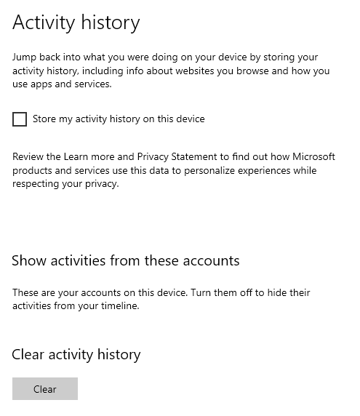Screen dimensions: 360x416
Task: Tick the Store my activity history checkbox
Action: pos(20,119)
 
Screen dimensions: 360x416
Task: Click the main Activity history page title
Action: pos(76,23)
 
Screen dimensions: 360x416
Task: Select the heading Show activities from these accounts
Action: pos(125,260)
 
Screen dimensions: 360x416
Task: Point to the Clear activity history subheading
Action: pos(76,355)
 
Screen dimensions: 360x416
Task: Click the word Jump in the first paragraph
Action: pos(25,57)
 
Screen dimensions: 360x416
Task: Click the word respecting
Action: pos(36,184)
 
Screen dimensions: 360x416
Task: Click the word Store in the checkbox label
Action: pos(45,119)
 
